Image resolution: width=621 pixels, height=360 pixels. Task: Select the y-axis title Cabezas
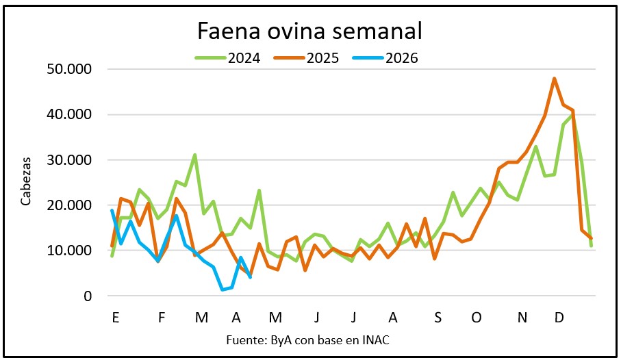(26, 182)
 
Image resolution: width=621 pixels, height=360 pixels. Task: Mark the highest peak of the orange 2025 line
(554, 79)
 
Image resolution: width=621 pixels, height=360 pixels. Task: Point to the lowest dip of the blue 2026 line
(223, 290)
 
